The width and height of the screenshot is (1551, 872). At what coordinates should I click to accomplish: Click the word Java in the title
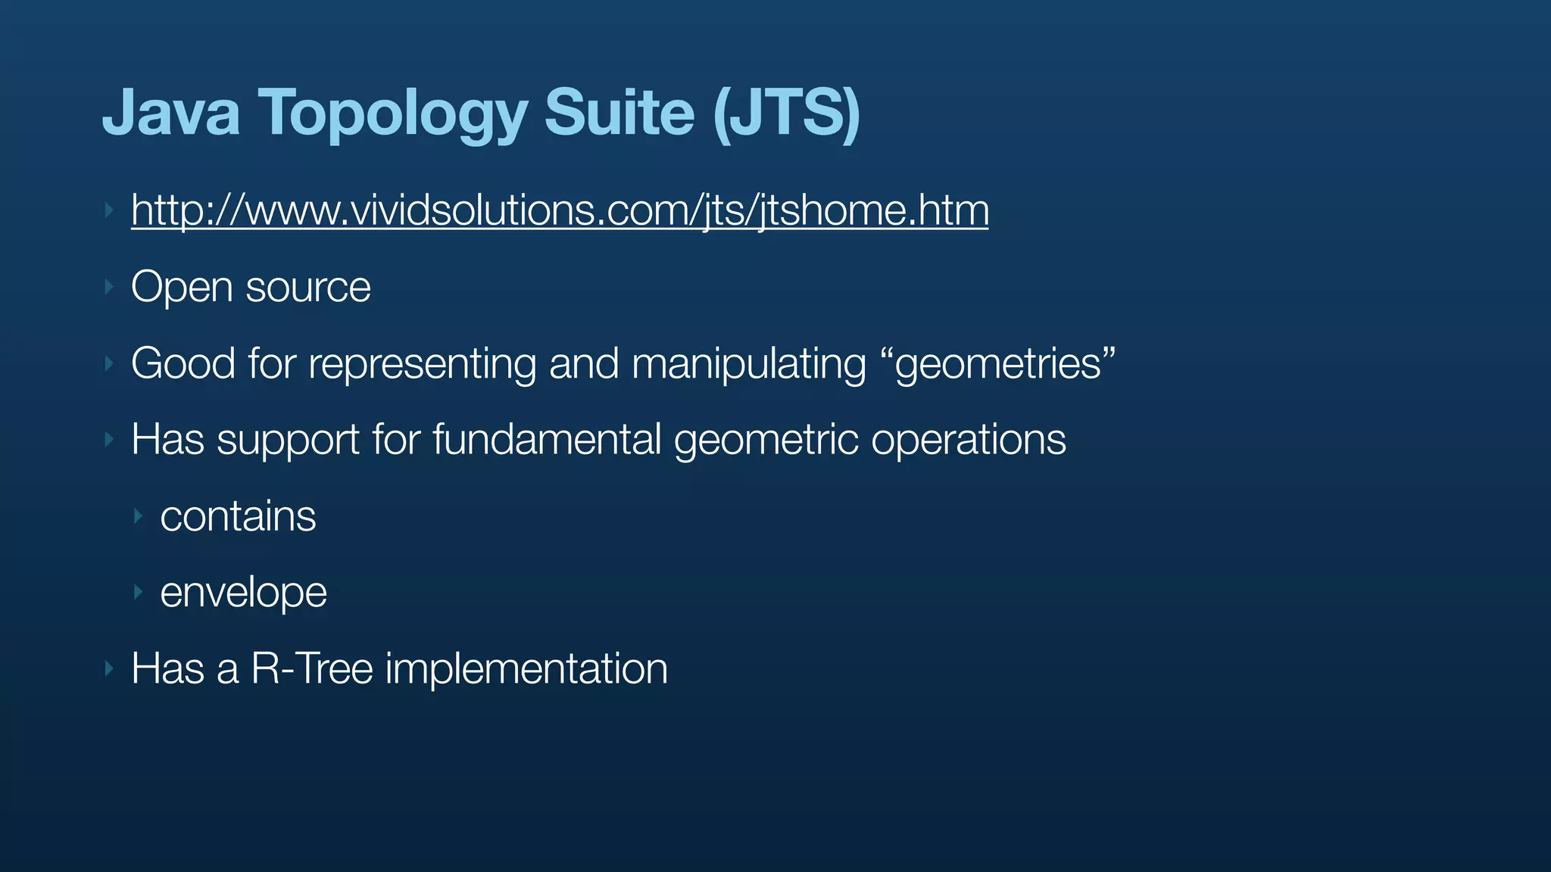(x=171, y=113)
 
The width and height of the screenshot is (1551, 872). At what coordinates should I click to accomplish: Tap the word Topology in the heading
(x=392, y=114)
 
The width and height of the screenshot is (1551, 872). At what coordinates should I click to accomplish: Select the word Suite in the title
(x=619, y=113)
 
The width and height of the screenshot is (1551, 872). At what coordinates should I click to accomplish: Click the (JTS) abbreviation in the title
(x=786, y=114)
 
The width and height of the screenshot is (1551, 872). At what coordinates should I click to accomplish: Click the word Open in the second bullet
(x=181, y=288)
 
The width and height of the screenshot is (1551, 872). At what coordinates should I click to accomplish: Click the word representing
(x=422, y=365)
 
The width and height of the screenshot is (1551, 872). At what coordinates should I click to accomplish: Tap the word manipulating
(x=748, y=365)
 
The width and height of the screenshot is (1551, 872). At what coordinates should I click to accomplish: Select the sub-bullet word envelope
(x=243, y=593)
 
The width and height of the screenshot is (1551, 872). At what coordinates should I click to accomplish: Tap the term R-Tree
(x=312, y=668)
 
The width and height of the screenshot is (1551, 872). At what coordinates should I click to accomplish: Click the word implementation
(x=526, y=670)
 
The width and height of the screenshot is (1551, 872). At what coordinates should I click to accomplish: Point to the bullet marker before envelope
(x=138, y=592)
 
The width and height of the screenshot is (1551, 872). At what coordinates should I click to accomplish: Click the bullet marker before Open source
(x=109, y=287)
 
